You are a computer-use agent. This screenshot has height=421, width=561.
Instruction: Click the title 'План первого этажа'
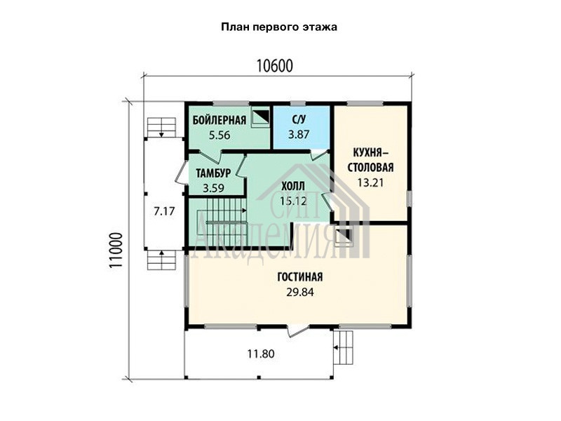[278, 27]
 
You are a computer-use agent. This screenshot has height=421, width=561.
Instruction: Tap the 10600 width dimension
[275, 66]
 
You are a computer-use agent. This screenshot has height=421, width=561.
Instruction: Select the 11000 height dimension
[116, 250]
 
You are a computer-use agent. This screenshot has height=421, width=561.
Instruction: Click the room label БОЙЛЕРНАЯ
[219, 120]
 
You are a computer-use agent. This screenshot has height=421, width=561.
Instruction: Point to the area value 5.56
[219, 135]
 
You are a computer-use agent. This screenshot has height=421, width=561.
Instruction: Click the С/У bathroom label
[299, 119]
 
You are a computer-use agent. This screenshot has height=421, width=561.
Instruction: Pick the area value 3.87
[299, 135]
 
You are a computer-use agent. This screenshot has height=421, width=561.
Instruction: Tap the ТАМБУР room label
[213, 173]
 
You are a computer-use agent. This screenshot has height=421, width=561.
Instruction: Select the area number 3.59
[214, 188]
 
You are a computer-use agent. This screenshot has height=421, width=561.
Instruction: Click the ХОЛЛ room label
[293, 186]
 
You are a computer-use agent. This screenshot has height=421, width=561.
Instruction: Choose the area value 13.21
[370, 182]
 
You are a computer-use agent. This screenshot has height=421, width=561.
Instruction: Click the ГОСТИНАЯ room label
[300, 276]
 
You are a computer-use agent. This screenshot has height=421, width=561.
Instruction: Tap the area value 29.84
[300, 293]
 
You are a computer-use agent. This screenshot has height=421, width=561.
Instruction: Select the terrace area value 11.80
[261, 354]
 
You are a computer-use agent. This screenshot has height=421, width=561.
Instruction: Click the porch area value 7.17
[164, 211]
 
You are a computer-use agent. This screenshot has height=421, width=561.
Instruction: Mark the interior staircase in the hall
[221, 222]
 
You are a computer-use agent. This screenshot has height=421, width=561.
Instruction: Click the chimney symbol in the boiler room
[260, 117]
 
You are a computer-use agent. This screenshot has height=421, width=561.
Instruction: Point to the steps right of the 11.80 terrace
[344, 347]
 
